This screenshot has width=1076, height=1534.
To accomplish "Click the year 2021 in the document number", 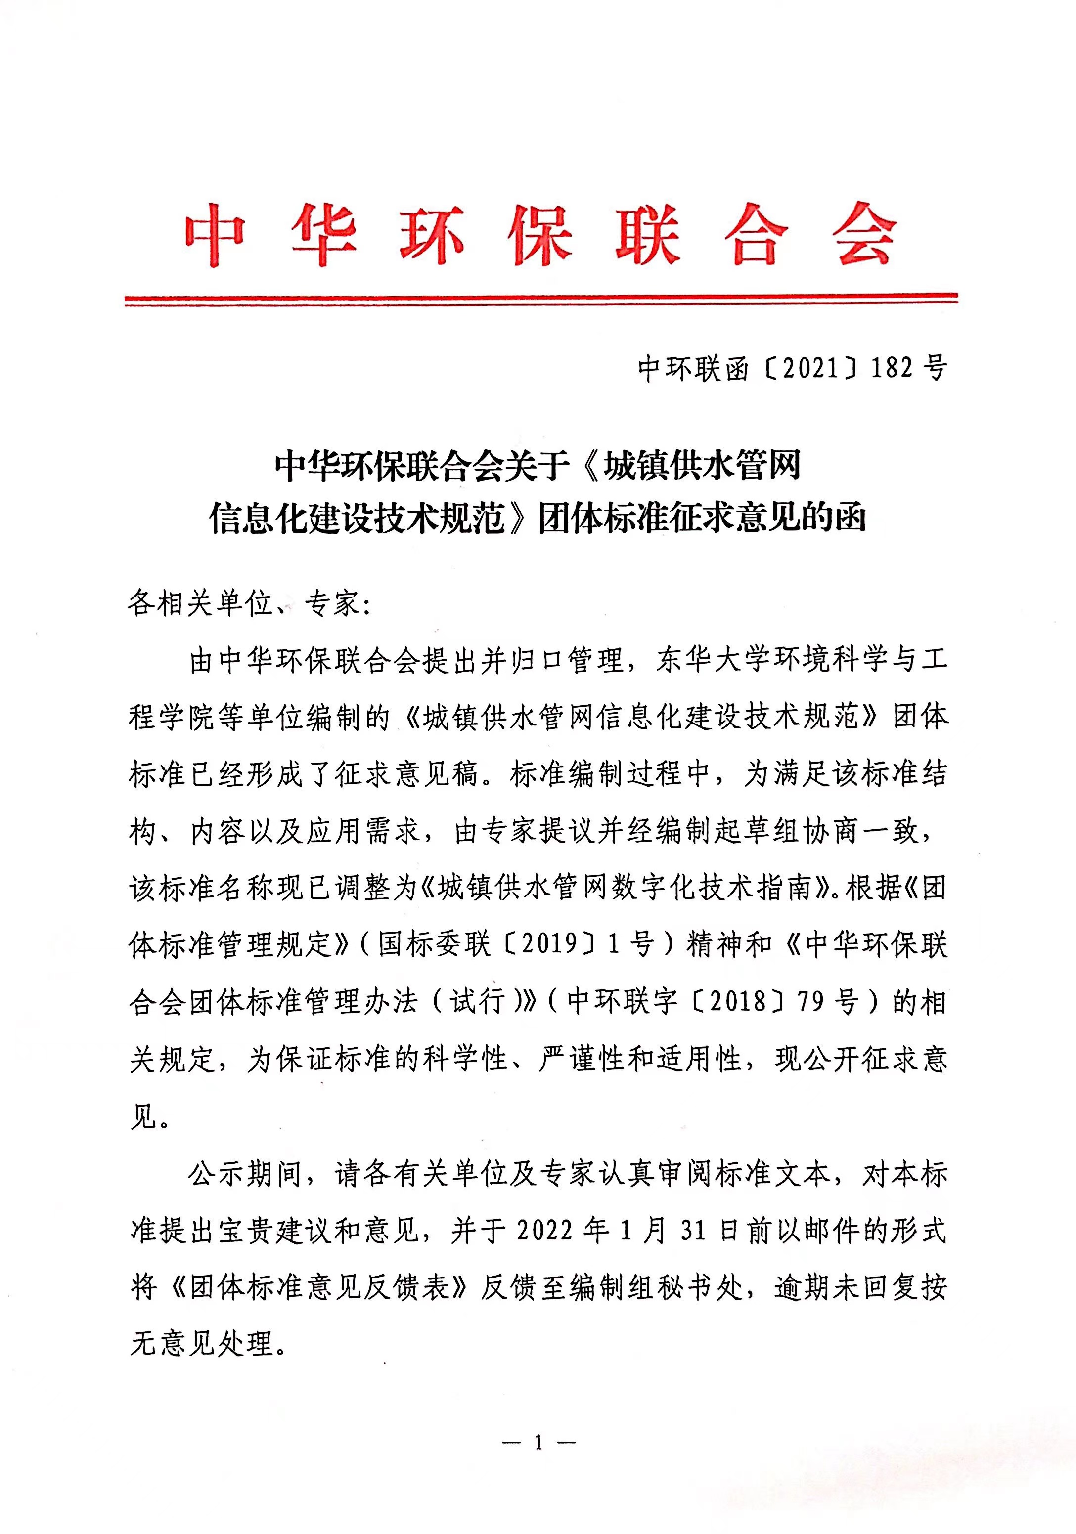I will pyautogui.click(x=810, y=368).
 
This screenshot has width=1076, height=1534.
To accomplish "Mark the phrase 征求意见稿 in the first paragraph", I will pyautogui.click(x=406, y=774).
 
